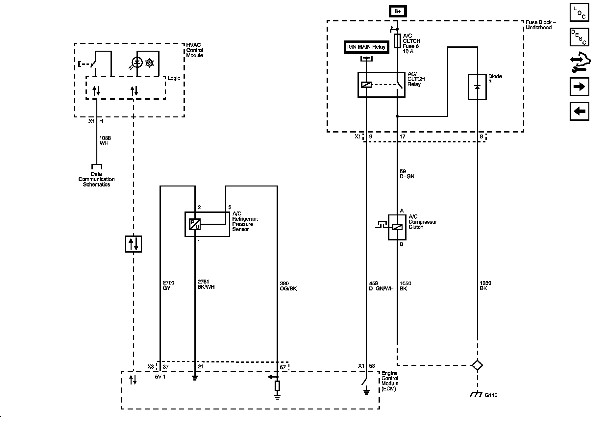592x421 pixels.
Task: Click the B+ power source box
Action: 398,11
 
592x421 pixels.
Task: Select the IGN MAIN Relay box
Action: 366,47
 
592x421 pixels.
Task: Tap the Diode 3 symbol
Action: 477,87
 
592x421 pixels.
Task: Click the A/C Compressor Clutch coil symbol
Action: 397,227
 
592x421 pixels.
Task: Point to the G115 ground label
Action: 491,395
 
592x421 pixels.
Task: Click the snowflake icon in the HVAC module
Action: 150,63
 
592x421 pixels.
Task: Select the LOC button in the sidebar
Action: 579,12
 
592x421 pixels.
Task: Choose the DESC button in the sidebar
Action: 579,37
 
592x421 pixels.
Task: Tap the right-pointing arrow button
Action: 579,87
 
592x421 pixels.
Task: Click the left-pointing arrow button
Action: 579,111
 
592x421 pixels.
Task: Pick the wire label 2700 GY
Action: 168,285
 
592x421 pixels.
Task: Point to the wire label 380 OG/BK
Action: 288,286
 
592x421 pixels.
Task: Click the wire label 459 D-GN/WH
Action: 381,286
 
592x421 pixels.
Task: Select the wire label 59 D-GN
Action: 407,174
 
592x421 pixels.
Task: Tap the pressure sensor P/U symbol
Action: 195,224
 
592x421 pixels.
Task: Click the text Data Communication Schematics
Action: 96,179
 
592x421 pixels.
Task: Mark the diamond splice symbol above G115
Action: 477,365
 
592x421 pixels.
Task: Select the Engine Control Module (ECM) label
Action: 390,381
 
